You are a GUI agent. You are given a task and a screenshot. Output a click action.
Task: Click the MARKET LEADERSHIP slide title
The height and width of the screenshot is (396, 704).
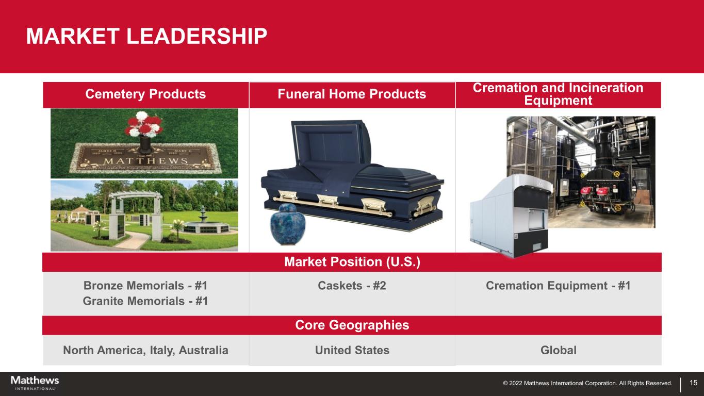tap(146, 36)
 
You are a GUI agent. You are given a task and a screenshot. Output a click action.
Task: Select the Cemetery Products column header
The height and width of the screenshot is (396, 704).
tap(145, 94)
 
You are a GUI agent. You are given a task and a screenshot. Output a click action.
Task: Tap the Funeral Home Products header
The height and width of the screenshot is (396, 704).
tap(352, 94)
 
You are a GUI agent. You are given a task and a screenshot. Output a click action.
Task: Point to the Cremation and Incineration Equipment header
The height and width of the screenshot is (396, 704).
tap(558, 94)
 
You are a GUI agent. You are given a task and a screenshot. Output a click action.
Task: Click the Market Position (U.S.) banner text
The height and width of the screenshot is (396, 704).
tap(352, 262)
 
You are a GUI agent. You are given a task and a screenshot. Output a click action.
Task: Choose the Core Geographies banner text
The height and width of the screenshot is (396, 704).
tap(352, 325)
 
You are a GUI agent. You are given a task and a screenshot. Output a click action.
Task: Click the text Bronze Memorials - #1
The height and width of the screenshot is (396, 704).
tap(145, 286)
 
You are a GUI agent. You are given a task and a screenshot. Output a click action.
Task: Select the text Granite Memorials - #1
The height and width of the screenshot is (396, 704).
tap(145, 301)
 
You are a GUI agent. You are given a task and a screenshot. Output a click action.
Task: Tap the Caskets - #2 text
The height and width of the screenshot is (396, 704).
tap(352, 286)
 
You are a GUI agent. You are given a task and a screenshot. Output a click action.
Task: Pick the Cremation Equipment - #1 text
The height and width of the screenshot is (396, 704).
tap(558, 286)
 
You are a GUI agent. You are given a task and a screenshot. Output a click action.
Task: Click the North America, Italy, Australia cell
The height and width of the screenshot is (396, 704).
tap(145, 350)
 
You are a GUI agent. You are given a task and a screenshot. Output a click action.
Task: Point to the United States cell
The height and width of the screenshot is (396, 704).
tap(352, 350)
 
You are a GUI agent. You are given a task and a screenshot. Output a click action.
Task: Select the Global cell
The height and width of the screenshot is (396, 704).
tap(559, 350)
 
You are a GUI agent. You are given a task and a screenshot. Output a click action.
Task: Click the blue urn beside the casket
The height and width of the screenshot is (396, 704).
tap(287, 224)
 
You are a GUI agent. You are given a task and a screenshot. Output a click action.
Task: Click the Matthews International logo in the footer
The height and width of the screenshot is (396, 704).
tap(35, 383)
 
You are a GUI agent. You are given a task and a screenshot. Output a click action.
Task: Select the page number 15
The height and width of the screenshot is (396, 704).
tap(694, 383)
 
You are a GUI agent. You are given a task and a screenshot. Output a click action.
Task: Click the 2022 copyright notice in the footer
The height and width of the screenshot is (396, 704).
tap(587, 383)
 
